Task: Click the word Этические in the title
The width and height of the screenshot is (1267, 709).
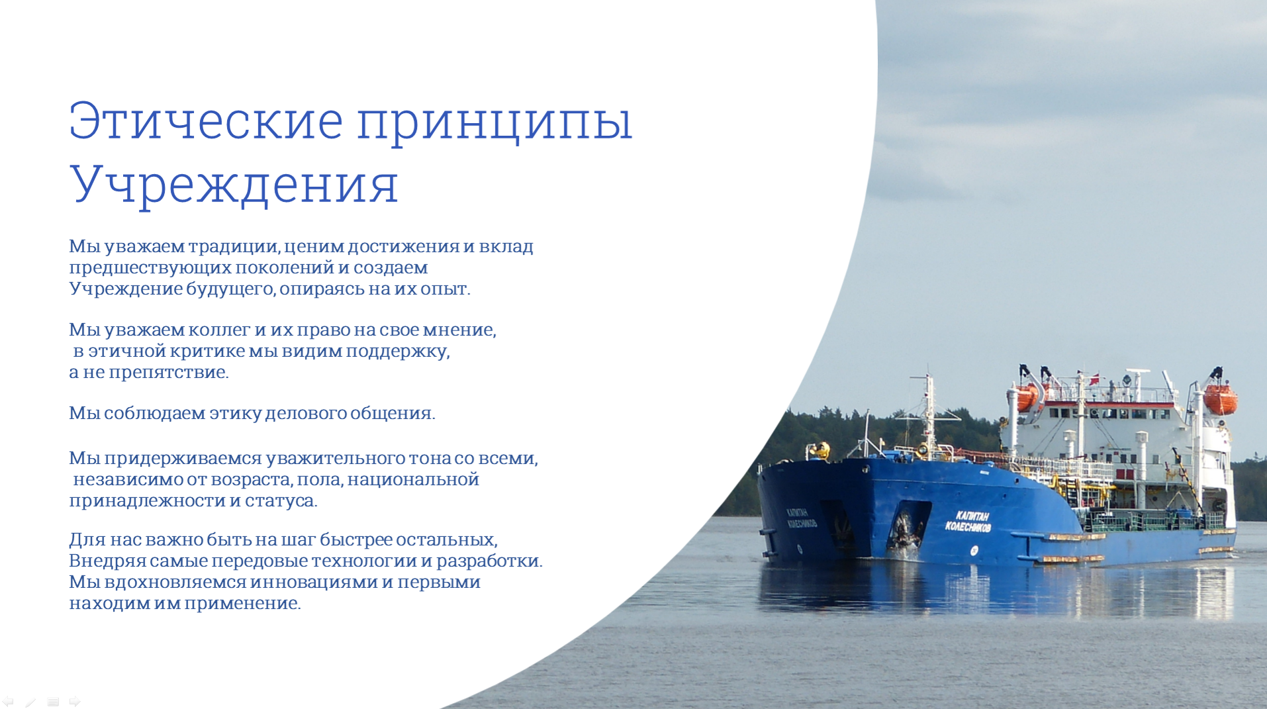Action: pyautogui.click(x=206, y=121)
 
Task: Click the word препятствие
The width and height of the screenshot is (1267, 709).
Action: pyautogui.click(x=169, y=373)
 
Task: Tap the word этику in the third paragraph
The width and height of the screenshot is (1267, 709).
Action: pyautogui.click(x=235, y=414)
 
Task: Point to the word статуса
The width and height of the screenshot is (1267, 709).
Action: pyautogui.click(x=281, y=501)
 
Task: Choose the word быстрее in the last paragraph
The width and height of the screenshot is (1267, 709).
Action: pyautogui.click(x=355, y=540)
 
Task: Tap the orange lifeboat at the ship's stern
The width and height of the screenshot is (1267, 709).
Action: pyautogui.click(x=1220, y=399)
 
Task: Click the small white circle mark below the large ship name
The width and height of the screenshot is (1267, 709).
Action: pyautogui.click(x=974, y=550)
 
